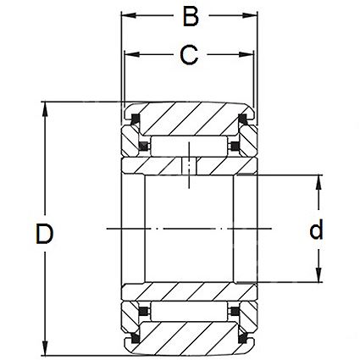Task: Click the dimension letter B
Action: coord(191,17)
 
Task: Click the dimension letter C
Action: coord(189,54)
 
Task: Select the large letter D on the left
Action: coord(44,234)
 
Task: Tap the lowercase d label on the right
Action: coord(316,230)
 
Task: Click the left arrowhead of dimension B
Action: coord(129,15)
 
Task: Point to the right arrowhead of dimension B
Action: coord(250,15)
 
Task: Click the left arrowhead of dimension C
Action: coord(132,54)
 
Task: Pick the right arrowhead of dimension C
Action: coord(246,54)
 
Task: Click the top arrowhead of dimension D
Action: coord(45,109)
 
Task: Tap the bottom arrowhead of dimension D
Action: coord(45,348)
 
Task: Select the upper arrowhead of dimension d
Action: coord(318,182)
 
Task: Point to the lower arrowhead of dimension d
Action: coord(318,274)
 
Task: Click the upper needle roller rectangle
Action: coord(189,146)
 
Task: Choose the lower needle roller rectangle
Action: coord(189,311)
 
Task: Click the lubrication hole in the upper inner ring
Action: coord(189,166)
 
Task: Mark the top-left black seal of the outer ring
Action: coord(135,119)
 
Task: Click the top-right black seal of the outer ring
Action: coord(243,119)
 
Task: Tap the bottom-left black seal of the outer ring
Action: coord(135,338)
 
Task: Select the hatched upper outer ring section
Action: coord(189,119)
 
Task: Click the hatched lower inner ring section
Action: coord(189,291)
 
